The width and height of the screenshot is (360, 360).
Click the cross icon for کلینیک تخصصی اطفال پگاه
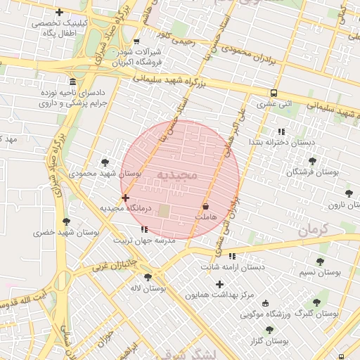(x=59, y=12)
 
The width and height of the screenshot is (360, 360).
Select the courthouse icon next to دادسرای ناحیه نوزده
(x=73, y=81)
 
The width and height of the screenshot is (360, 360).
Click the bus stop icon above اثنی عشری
(x=274, y=93)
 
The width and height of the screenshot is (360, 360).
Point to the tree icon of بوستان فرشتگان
(x=312, y=161)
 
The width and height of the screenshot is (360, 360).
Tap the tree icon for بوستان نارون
(x=348, y=193)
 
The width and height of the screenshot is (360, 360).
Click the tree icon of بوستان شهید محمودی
(x=105, y=162)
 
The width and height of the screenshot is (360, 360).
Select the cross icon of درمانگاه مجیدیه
(x=125, y=198)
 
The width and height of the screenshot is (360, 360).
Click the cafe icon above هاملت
(x=205, y=207)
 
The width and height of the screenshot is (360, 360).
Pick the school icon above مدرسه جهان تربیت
(x=144, y=229)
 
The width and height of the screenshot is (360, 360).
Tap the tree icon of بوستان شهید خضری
(x=67, y=221)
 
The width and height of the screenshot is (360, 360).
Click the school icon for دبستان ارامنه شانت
(x=231, y=256)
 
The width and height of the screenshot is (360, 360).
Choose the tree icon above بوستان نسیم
(x=320, y=262)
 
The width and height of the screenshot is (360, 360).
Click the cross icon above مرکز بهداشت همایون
(x=220, y=284)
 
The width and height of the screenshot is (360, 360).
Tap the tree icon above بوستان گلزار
(x=269, y=330)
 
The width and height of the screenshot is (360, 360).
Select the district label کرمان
(x=314, y=230)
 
